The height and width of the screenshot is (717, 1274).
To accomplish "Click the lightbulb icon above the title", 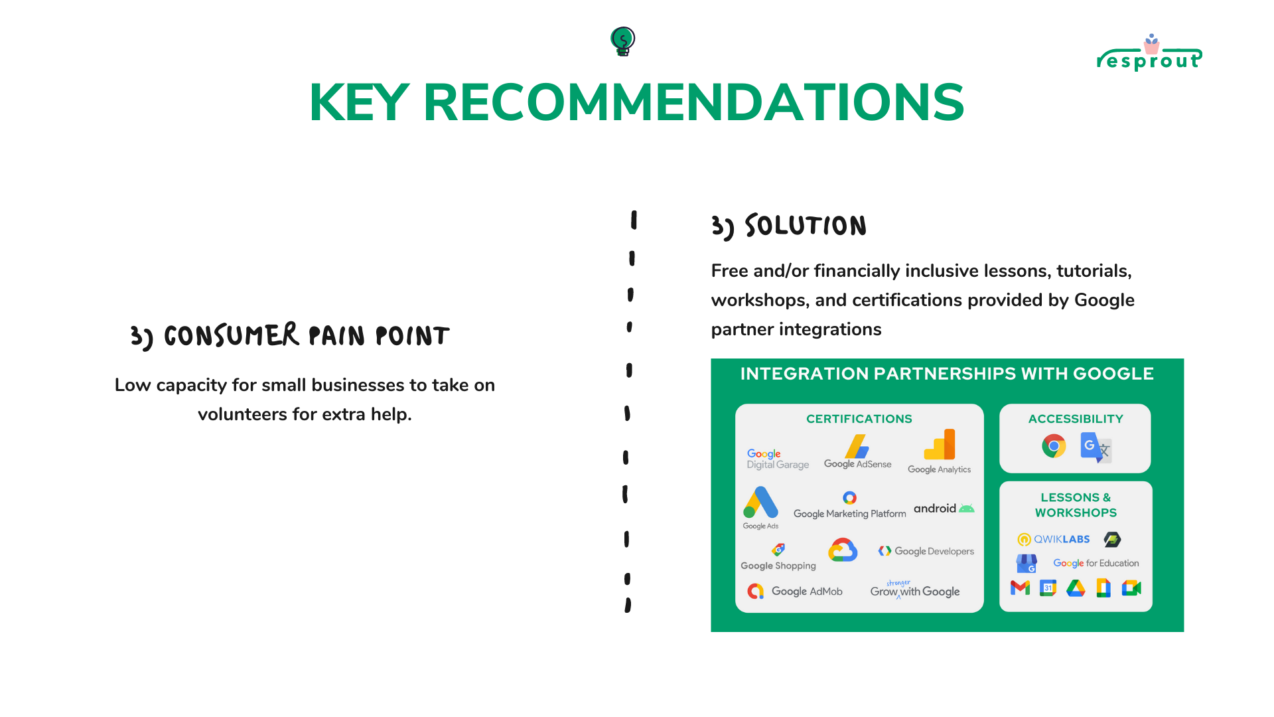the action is (623, 41).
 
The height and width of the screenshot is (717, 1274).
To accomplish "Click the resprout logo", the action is (1149, 53).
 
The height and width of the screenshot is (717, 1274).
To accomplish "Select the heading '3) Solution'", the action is (789, 226).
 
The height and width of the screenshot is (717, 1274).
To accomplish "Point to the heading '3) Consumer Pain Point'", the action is (290, 336).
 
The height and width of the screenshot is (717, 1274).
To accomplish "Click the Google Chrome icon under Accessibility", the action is (1054, 446).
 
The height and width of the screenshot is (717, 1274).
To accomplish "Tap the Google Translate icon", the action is (1096, 447).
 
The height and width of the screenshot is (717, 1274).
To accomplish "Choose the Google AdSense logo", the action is (857, 452).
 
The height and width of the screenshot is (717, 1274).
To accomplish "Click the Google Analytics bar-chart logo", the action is (940, 444).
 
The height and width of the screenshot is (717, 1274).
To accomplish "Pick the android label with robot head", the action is (944, 509).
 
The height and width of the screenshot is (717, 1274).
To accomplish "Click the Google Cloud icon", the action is (843, 550).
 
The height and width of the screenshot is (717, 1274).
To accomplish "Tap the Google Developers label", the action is (926, 551).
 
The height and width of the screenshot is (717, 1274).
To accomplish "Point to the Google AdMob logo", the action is (795, 591).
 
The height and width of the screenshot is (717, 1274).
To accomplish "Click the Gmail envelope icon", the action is (1020, 588).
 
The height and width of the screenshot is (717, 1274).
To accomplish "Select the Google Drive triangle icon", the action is (1076, 588).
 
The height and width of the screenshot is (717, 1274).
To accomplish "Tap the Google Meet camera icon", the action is (1131, 588).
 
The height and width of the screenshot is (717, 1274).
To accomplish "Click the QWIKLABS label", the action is (1054, 539).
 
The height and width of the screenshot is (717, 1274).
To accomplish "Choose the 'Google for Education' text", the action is (1096, 563).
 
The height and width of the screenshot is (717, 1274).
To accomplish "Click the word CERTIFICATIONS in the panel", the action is (859, 419).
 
